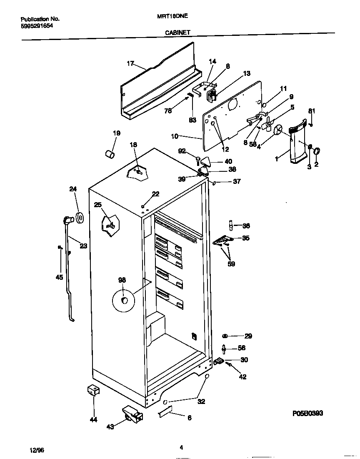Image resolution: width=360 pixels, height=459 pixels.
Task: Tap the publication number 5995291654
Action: (37, 25)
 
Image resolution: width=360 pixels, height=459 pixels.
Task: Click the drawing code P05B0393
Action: (307, 413)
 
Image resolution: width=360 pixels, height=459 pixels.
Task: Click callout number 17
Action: (130, 63)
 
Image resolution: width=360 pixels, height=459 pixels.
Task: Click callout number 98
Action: (122, 280)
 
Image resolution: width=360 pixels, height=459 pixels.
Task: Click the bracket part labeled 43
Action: (132, 414)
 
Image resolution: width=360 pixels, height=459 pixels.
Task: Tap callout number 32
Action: (201, 401)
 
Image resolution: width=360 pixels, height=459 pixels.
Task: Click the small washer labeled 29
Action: (225, 336)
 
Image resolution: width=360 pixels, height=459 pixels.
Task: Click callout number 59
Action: (231, 263)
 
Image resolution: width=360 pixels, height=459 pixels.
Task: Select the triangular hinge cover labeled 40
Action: (207, 161)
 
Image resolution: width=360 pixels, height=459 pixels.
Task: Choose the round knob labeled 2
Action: (317, 151)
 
